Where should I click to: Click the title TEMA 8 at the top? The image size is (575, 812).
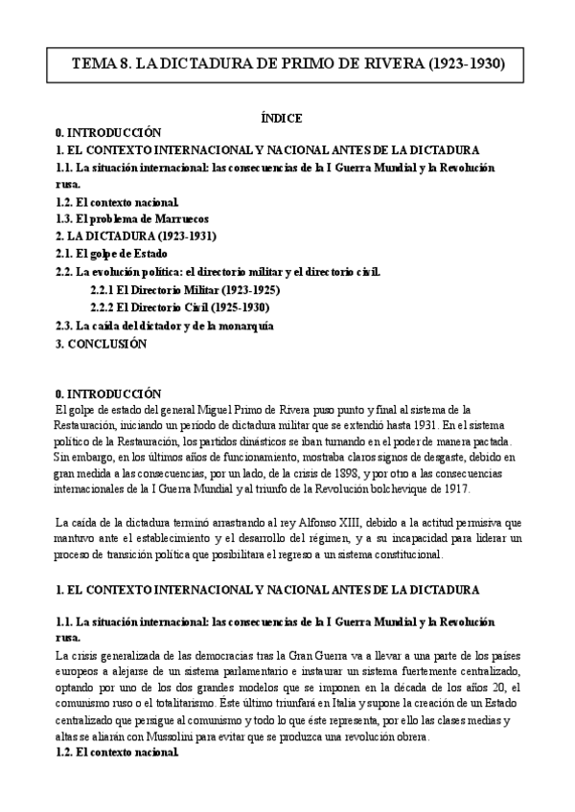pos(287,65)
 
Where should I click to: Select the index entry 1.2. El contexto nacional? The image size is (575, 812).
pos(117,201)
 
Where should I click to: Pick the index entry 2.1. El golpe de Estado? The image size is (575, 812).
pos(111,254)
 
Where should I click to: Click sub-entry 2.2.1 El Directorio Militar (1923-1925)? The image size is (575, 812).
pos(185,289)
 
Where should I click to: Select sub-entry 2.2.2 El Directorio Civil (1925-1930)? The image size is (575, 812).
pos(179,307)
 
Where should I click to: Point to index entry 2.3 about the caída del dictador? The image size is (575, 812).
pos(165,326)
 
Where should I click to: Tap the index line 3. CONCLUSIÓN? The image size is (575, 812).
pos(101,343)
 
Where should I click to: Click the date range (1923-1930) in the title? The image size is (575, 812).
pos(454,65)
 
